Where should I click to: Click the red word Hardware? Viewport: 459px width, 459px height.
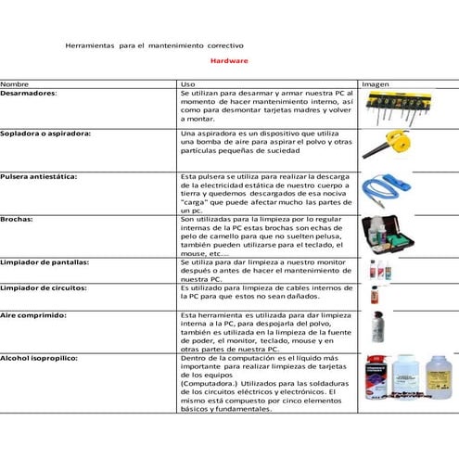228,60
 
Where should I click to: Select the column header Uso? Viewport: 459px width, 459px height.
187,84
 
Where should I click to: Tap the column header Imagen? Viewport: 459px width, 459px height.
375,84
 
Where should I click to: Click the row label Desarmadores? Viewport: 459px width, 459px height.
29,94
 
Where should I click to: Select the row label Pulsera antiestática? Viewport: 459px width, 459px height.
38,175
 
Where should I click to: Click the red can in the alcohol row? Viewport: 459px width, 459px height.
376,380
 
